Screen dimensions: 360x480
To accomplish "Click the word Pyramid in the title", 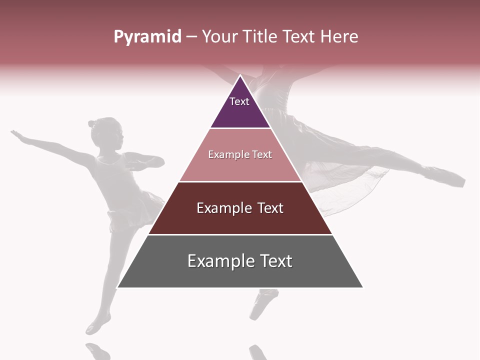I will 147,37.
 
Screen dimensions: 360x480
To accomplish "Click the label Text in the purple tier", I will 239,101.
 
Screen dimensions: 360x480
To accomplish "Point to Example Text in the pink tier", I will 240,154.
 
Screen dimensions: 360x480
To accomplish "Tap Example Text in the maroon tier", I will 240,208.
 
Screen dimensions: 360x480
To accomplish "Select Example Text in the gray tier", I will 240,261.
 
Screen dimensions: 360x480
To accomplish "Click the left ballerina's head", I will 106,133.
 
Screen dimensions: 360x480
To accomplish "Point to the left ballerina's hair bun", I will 91,123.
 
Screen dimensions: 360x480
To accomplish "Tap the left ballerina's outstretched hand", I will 18,135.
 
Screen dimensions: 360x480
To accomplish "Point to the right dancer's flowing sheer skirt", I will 350,175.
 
